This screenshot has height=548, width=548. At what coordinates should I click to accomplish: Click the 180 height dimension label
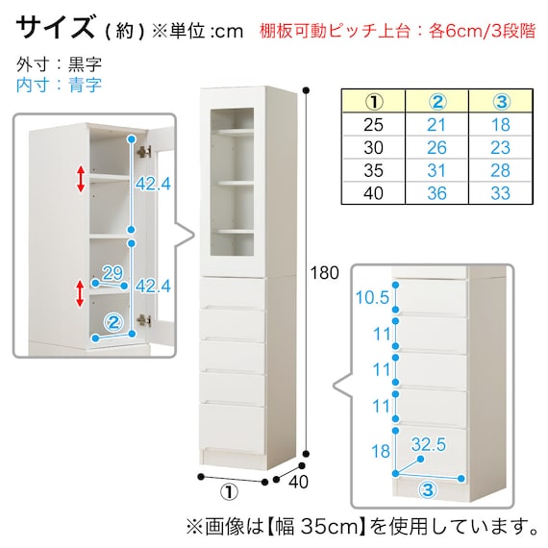coord(324,273)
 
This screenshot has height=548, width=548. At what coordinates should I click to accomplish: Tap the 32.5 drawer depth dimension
coord(429,444)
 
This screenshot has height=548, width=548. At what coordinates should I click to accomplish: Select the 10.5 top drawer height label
coord(372,297)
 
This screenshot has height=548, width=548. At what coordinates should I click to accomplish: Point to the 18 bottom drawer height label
coord(381,451)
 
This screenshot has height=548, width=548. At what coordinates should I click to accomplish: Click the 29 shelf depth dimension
coord(112,273)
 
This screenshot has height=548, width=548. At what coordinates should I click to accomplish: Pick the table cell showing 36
coord(436,193)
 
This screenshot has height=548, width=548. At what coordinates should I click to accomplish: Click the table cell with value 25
coord(373,125)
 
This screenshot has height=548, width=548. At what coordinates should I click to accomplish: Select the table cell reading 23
coord(500,147)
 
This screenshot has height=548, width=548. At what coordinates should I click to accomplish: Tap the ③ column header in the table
coord(501,101)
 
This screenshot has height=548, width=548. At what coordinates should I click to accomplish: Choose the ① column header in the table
coord(374,101)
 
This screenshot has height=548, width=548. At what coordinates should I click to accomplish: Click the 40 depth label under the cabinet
coord(298,482)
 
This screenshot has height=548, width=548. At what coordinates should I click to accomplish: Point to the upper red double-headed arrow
coord(81,179)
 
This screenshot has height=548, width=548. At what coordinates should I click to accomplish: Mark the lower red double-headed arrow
coord(81,293)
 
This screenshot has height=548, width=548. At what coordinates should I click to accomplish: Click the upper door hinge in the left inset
coord(144,151)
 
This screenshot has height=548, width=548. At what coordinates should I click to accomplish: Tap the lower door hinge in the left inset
coord(144,320)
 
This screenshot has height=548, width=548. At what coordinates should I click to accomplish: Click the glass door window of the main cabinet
coord(232,182)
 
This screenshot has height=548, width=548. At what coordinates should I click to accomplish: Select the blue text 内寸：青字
coord(59,85)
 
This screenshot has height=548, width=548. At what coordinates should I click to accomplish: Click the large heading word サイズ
coord(55,27)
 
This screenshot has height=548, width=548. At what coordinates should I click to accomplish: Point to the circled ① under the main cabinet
coord(229,492)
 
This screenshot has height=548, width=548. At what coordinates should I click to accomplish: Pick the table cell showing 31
coord(436,170)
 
